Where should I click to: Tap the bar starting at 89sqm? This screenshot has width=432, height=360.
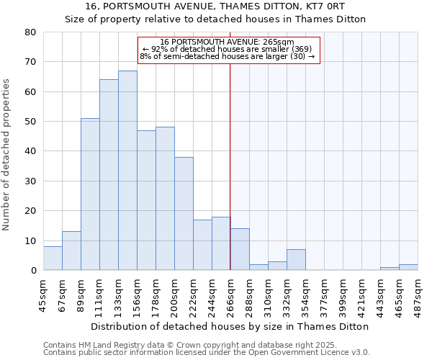(90, 194)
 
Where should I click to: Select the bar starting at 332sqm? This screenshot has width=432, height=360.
(296, 260)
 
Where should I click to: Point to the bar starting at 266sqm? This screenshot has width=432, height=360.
(240, 250)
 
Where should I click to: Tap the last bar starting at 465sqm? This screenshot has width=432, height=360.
(408, 267)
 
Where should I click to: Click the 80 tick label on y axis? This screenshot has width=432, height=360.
(30, 32)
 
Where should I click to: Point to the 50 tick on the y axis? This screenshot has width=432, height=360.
(30, 122)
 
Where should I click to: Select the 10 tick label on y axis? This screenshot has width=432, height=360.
(30, 240)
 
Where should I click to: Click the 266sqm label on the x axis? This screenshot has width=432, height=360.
(230, 295)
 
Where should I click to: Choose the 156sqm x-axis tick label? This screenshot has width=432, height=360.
(137, 295)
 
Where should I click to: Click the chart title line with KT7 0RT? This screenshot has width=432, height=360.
(215, 6)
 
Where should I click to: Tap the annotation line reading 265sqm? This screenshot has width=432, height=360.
(227, 42)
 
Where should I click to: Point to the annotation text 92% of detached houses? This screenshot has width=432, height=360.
(227, 49)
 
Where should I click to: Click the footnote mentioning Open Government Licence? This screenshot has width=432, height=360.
(207, 352)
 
